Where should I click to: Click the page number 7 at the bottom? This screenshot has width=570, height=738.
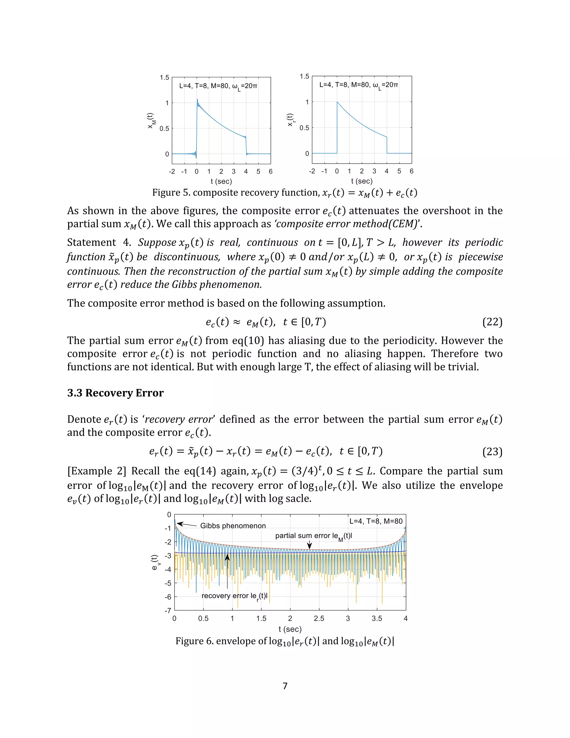click(x=285, y=686)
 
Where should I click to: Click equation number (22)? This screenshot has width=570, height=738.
click(x=492, y=322)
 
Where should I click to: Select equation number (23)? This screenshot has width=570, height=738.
click(x=492, y=451)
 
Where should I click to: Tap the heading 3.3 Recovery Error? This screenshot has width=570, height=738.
click(x=115, y=393)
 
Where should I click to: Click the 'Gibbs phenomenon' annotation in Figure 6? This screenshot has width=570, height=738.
click(x=233, y=526)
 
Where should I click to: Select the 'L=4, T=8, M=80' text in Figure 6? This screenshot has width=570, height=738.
click(x=375, y=521)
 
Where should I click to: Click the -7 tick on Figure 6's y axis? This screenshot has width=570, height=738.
click(x=168, y=611)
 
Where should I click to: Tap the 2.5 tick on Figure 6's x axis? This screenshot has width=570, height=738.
click(x=319, y=618)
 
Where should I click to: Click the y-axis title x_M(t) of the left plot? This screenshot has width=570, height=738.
click(x=151, y=121)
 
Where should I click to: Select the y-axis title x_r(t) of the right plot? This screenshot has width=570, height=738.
click(x=290, y=120)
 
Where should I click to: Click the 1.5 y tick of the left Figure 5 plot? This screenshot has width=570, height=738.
click(x=164, y=78)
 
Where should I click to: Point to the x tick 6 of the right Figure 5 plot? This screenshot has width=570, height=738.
click(x=411, y=171)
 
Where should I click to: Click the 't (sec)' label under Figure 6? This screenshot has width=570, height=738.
click(x=290, y=629)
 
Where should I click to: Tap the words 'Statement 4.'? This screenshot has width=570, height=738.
click(x=91, y=242)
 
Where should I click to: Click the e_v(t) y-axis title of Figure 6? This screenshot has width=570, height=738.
click(x=155, y=562)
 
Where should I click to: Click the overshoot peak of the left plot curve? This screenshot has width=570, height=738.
click(x=197, y=99)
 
